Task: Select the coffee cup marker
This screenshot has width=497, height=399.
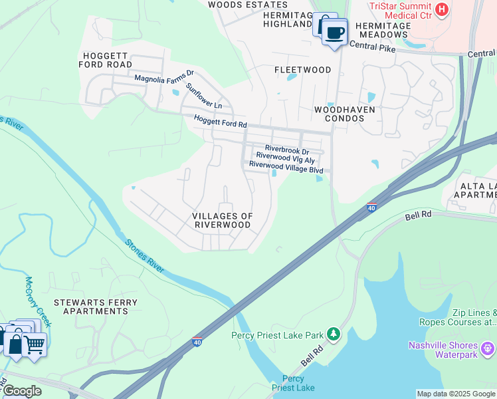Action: tap(335, 33)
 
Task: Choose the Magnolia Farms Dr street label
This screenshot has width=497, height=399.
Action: tap(163, 78)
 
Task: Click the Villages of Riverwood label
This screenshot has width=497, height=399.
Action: tap(222, 220)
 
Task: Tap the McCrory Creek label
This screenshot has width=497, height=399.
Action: tap(38, 301)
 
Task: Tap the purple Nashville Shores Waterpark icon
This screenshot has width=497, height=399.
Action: tap(488, 346)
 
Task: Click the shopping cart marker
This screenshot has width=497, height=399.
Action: tap(35, 344)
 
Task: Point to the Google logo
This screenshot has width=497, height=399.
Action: tap(21, 391)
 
